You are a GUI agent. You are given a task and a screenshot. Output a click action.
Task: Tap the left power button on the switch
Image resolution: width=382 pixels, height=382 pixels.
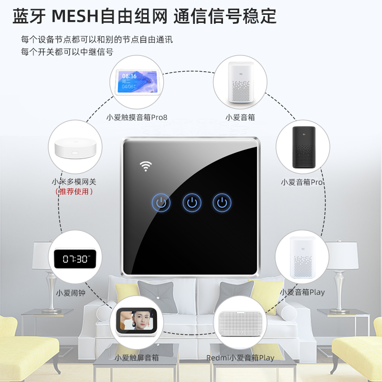161,203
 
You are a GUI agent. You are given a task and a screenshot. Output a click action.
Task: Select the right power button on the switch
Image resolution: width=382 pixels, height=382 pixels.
222,203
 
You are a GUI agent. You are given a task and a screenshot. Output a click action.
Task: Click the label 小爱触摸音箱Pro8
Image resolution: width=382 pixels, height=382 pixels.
137,117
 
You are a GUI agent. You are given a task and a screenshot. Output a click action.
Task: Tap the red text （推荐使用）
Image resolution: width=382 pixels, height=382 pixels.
74,191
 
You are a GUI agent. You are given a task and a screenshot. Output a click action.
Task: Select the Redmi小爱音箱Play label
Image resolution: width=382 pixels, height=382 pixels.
240,358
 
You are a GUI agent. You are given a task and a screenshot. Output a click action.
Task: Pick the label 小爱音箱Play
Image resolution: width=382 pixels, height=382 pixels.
302,292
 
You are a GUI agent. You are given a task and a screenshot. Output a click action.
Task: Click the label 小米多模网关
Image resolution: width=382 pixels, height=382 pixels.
74,181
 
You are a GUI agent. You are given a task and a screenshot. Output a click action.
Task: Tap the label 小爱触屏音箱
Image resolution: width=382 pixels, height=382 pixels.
137,358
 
